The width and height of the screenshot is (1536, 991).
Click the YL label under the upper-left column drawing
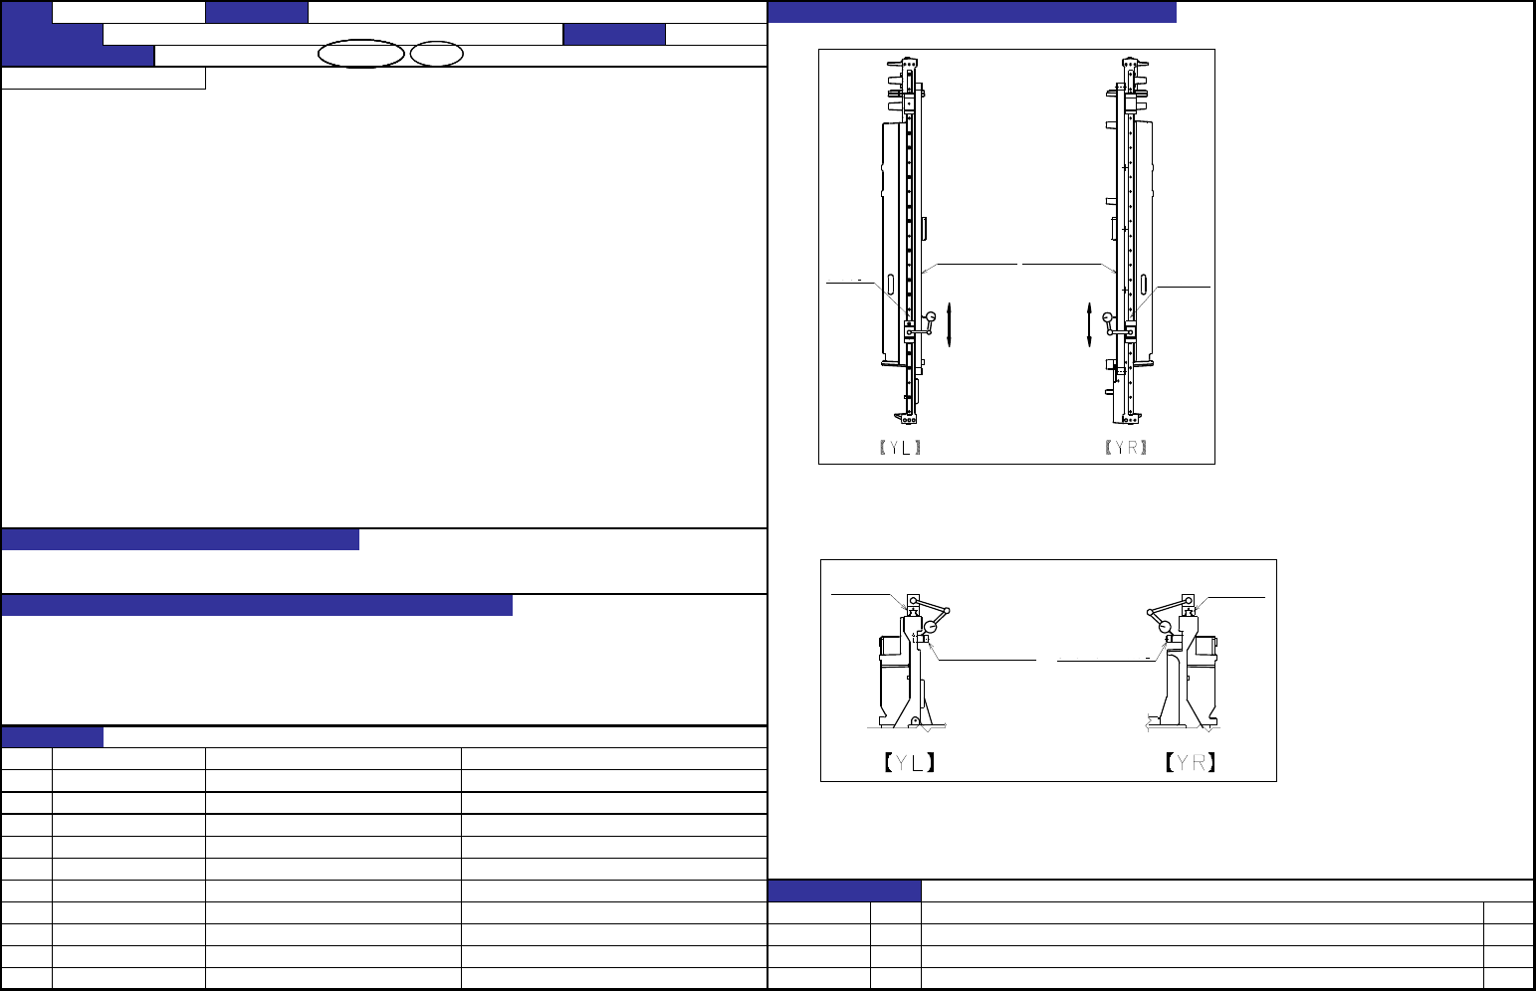coord(900,448)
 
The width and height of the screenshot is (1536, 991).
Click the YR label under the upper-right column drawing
coord(1126,448)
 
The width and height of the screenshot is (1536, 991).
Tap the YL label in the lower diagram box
coord(909,762)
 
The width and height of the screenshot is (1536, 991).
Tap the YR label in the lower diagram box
coord(1191,762)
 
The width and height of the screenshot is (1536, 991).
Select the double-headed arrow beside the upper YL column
coord(949,324)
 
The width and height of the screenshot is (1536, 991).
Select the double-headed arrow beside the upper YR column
coord(1089,324)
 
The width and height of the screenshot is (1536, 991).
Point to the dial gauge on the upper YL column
coord(931,317)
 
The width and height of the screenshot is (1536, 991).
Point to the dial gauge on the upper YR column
coord(1107,317)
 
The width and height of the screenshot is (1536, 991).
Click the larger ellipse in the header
coord(360,54)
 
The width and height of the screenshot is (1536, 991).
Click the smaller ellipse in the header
coord(437,54)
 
